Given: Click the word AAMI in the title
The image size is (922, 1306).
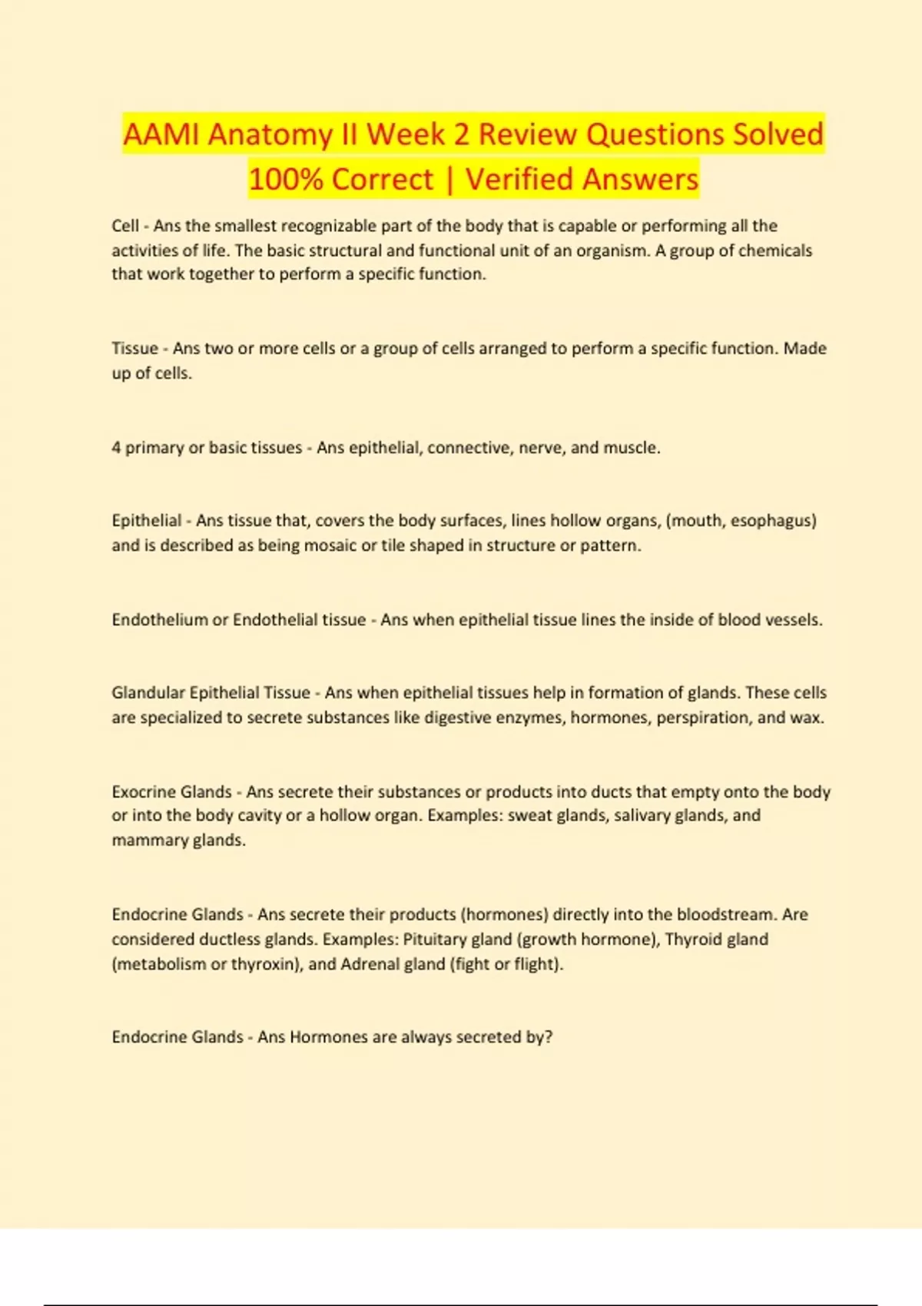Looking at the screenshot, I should tap(161, 134).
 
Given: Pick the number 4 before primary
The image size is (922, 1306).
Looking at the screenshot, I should tap(116, 448).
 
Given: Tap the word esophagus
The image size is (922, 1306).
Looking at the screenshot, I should tap(772, 521).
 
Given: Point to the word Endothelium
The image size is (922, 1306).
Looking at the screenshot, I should tap(159, 620).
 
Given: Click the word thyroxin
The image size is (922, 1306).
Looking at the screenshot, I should tap(264, 964).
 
